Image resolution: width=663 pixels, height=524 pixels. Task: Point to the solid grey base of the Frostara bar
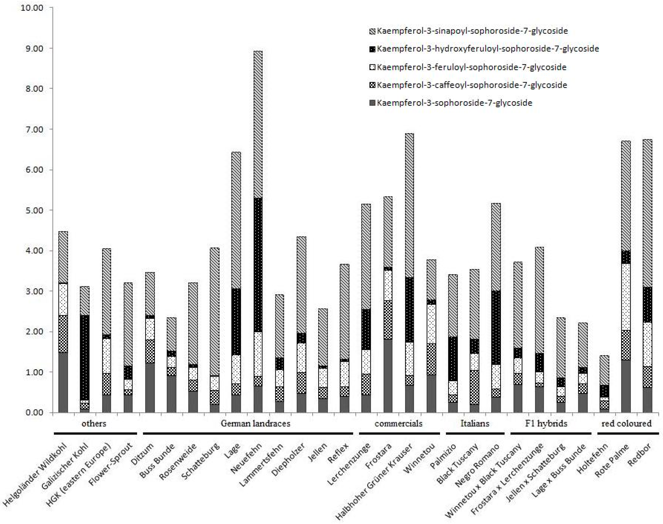click(388, 376)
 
